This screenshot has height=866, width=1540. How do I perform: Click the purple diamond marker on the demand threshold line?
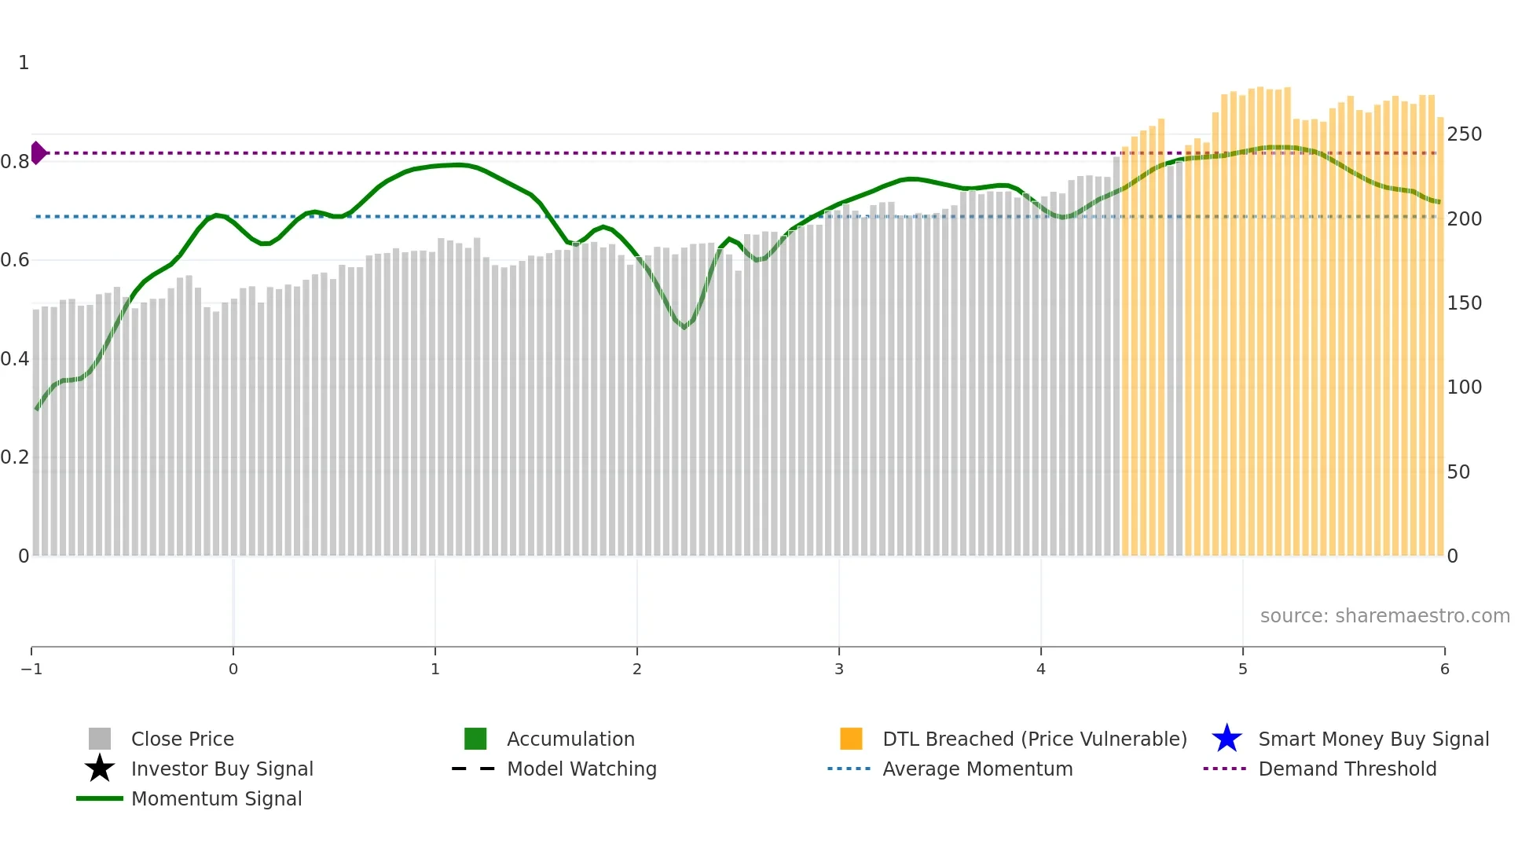coord(38,153)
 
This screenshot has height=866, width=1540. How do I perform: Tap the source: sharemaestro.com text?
coord(1384,616)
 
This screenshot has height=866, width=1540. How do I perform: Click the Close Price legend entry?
coord(182,739)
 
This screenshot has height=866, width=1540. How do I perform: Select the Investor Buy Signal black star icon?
coord(100,769)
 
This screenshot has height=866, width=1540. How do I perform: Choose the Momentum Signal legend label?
coord(216,799)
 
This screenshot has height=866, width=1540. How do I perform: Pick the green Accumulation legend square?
coord(475,739)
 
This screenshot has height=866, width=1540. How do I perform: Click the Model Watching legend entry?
coord(581,769)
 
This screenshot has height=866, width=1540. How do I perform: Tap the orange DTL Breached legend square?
coord(851,739)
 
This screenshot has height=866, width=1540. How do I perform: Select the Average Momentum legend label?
coord(977,769)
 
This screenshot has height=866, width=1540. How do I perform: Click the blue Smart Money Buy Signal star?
coord(1226,739)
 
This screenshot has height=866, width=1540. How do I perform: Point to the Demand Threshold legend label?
coord(1347,769)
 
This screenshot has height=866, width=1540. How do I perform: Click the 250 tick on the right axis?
coord(1464,134)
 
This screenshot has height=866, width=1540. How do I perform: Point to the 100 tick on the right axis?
coord(1464,387)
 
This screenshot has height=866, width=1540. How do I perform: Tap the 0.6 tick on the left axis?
coord(15,260)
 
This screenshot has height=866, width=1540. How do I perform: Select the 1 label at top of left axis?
coord(24,63)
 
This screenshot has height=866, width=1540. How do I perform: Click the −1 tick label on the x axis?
coord(31,670)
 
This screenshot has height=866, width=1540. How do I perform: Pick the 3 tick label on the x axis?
coord(838,670)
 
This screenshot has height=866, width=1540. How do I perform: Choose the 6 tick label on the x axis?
coord(1444,670)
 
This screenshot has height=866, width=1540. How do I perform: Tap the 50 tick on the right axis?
coord(1458,472)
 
